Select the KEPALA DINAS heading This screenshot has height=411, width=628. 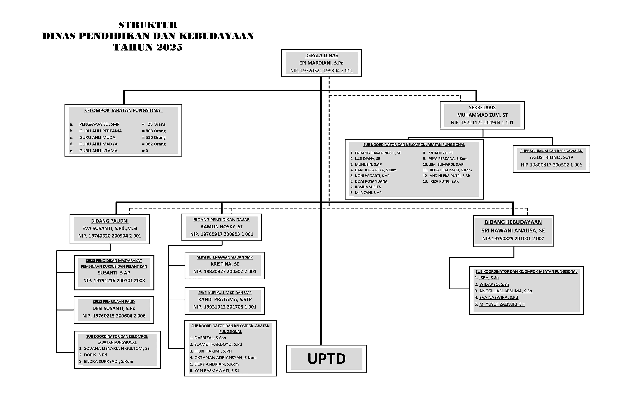click(321, 55)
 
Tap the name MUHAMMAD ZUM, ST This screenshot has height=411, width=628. click(482, 115)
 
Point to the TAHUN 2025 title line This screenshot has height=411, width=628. click(148, 47)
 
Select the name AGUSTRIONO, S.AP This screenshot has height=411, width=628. click(551, 157)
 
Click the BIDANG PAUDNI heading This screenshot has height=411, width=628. click(110, 221)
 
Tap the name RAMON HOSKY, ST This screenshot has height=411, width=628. click(222, 227)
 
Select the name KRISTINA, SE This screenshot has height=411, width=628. click(225, 264)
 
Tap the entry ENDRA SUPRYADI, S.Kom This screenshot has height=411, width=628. click(108, 361)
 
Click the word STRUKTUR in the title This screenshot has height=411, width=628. click(148, 25)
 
